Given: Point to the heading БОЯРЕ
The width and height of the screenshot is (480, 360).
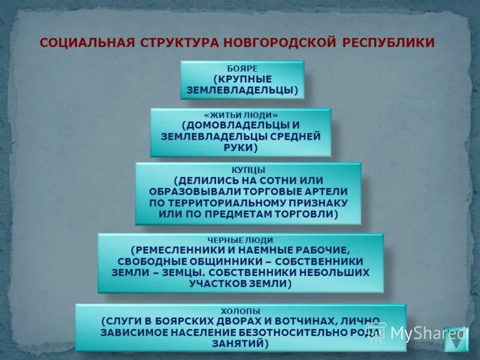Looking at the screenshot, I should click(242, 69).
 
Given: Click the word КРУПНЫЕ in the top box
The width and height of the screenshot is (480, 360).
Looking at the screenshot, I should click(243, 79).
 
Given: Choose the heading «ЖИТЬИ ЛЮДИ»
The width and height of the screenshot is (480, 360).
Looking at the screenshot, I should click(241, 115).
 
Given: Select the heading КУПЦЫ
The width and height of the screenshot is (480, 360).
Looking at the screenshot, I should click(248, 170).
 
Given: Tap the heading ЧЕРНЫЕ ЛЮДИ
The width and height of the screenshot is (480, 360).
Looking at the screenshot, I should click(240, 240).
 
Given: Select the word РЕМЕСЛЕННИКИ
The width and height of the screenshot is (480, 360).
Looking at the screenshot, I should click(175, 250).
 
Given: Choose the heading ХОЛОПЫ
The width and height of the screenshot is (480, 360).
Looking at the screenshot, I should click(241, 311).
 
